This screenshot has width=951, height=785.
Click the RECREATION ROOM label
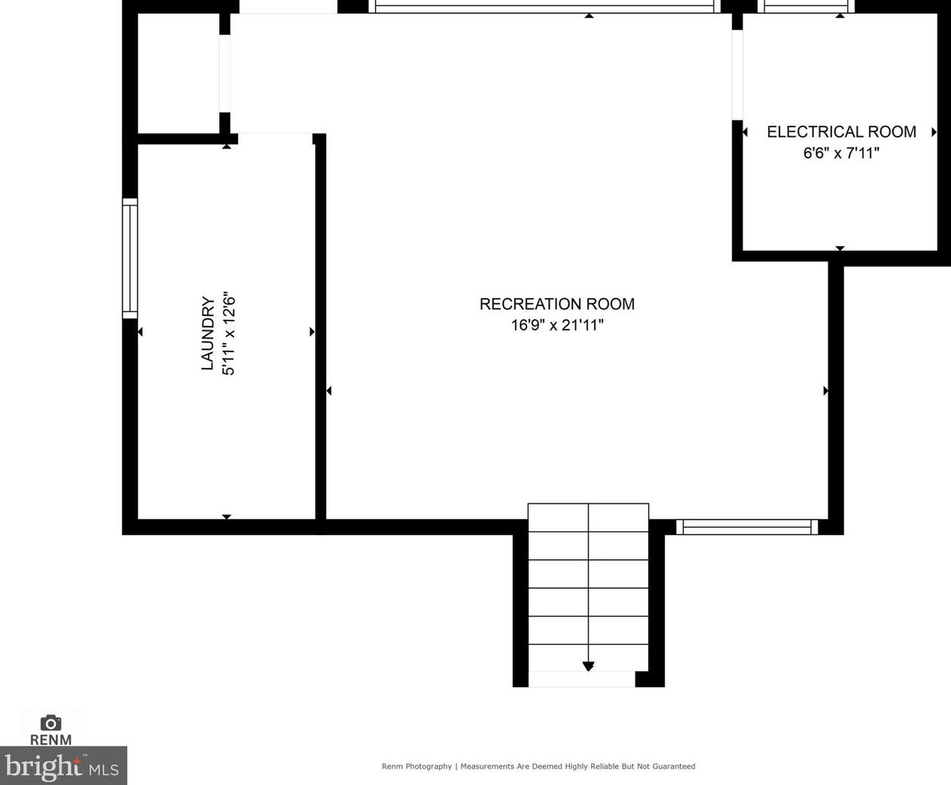[x=556, y=304]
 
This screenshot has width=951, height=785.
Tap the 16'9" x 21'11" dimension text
[x=556, y=325]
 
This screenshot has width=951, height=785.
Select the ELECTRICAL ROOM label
[x=841, y=132]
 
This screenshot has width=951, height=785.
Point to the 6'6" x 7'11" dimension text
[x=841, y=153]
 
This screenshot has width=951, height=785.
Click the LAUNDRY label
[x=208, y=333]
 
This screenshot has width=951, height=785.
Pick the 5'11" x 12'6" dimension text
[x=229, y=333]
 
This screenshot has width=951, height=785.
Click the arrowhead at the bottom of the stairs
[x=588, y=666]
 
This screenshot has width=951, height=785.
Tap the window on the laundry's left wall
[x=130, y=258]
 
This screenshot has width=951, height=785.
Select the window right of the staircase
[x=747, y=527]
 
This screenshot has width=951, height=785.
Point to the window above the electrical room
[x=806, y=7]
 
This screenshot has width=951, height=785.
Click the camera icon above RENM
[x=50, y=723]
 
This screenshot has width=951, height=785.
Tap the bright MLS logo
[x=62, y=766]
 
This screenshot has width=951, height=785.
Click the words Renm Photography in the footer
[x=416, y=766]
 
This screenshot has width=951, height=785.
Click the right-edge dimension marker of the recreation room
[x=825, y=391]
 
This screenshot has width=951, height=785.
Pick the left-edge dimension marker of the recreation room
[x=329, y=391]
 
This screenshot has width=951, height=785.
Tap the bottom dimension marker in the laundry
[x=227, y=516]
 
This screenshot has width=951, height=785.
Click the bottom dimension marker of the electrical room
[x=840, y=248]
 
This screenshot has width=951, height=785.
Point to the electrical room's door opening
[x=737, y=75]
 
